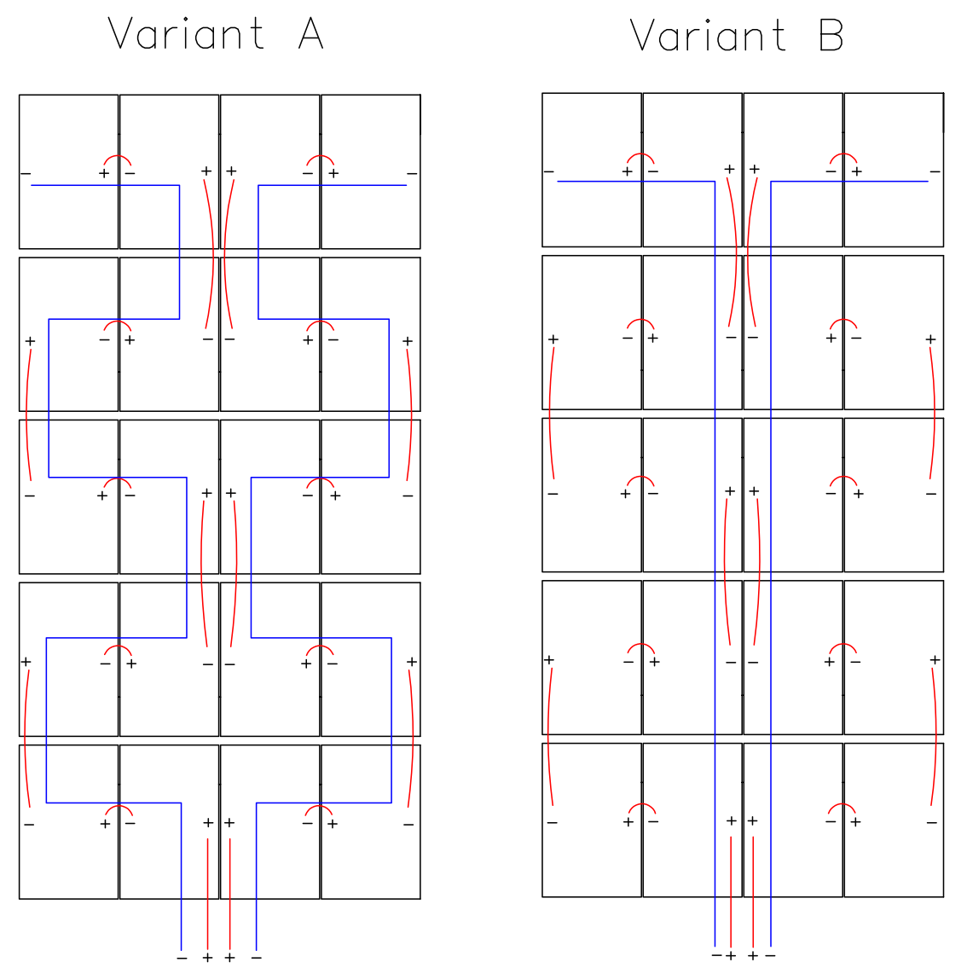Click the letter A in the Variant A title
(310, 34)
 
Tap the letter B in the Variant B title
(831, 35)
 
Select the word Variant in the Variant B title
(707, 35)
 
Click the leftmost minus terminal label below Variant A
(182, 958)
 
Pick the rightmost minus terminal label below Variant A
(256, 958)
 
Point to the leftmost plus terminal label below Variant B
(731, 956)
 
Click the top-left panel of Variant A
(68, 171)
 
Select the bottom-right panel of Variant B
(894, 820)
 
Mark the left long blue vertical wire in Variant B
(715, 564)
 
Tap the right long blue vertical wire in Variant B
(771, 564)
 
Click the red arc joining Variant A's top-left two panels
(117, 156)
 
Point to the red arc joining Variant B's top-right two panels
(843, 154)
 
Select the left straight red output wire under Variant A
(207, 894)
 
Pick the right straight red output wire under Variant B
(753, 891)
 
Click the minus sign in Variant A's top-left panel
(26, 173)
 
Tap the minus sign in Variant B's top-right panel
(935, 171)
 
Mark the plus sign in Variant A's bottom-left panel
(106, 824)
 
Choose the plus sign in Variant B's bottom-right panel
(855, 821)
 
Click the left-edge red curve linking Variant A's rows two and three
(26, 414)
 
